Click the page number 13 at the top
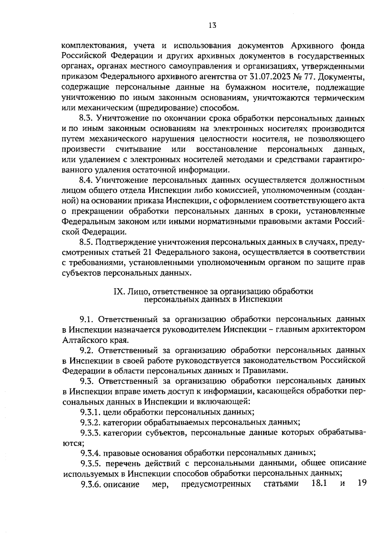tap(212, 26)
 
